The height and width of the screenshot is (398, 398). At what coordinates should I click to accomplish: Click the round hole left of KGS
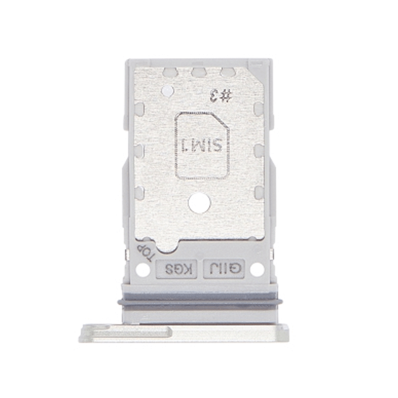[x=144, y=270]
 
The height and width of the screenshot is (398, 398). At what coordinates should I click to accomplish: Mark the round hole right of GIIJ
[x=257, y=270]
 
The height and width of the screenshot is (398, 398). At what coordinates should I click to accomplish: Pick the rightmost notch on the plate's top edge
[x=227, y=73]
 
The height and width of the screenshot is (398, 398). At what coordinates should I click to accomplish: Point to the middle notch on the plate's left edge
[x=138, y=150]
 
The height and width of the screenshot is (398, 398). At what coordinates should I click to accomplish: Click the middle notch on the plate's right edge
[x=259, y=150]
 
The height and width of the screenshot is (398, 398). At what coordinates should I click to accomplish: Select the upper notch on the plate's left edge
[x=138, y=108]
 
